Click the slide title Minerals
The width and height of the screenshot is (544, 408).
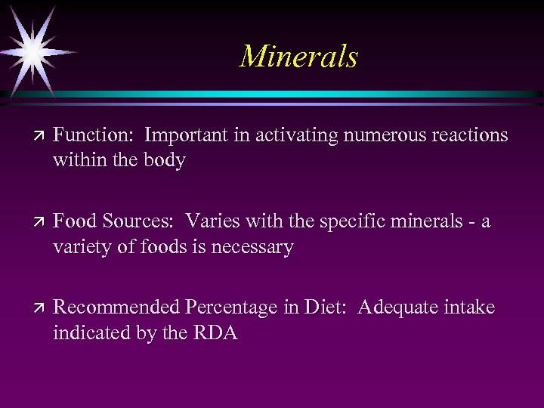[298, 57]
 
